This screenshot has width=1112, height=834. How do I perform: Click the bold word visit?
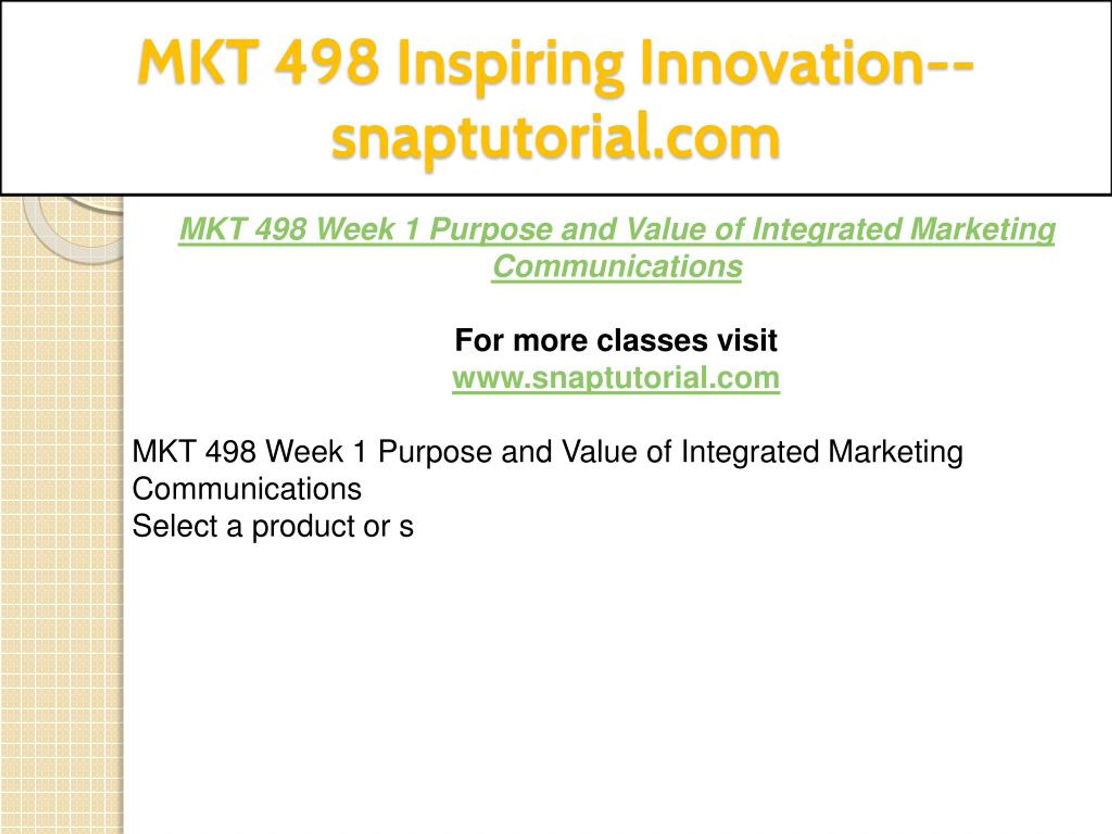pos(748,341)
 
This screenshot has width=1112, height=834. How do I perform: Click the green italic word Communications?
pos(617,266)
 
